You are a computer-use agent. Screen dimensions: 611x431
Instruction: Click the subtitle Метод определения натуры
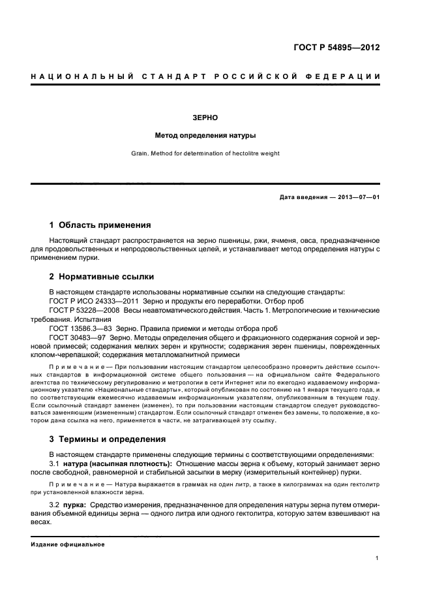[x=205, y=136]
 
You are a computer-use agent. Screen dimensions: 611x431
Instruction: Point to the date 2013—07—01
[x=358, y=197]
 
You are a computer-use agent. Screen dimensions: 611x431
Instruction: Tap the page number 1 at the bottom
[x=378, y=558]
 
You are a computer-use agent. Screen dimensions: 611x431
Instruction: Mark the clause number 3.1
[x=54, y=463]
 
